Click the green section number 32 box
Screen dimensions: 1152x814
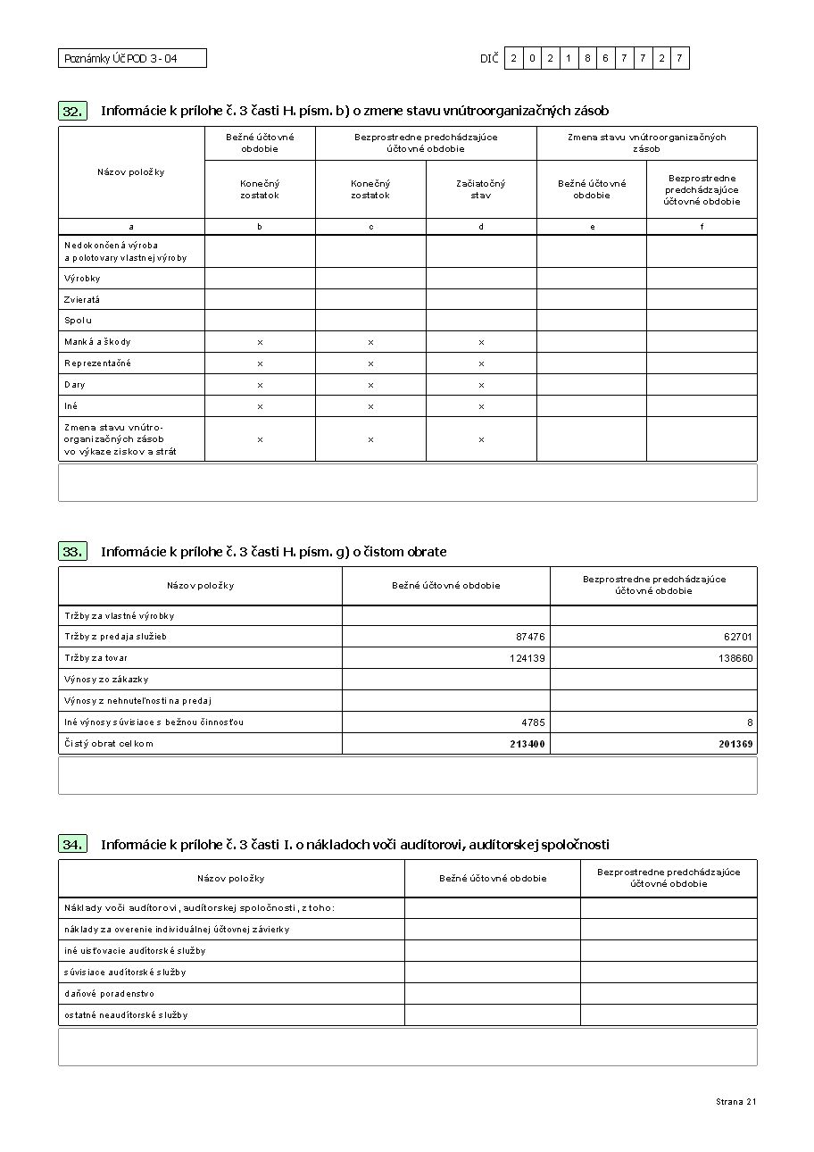click(73, 111)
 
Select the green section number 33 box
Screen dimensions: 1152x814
click(73, 552)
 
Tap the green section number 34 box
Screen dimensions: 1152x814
click(73, 844)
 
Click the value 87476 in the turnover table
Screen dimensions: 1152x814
click(530, 637)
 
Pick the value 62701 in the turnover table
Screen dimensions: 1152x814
click(738, 637)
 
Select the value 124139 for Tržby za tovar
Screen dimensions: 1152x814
click(527, 658)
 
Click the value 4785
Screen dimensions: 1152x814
click(534, 722)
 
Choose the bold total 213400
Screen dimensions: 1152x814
click(527, 744)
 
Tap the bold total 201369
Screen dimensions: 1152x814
click(735, 744)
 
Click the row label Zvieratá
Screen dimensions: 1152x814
click(82, 299)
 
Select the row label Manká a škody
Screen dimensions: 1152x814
click(97, 342)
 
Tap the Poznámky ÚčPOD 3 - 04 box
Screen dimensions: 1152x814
click(132, 59)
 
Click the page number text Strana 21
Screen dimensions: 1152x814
click(735, 1102)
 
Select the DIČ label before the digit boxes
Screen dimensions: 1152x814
click(488, 59)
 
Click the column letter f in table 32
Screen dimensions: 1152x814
click(702, 227)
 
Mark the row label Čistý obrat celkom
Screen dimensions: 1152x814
click(108, 744)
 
